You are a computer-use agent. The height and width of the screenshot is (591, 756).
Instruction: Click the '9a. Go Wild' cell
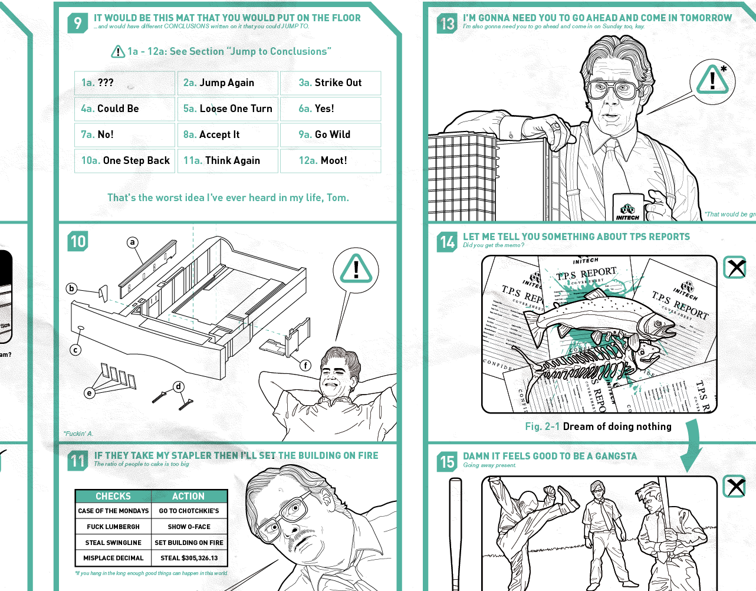[330, 135]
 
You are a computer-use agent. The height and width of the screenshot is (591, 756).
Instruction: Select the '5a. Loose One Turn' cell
[228, 109]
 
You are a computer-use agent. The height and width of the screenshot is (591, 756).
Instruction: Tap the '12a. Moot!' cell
[330, 161]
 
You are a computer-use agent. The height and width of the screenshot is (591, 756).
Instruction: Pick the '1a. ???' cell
[124, 83]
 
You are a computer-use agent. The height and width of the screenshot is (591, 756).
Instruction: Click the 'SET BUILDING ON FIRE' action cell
[189, 543]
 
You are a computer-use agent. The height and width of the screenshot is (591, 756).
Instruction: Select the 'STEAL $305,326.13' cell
[189, 558]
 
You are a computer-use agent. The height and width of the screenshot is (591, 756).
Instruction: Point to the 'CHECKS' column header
[113, 496]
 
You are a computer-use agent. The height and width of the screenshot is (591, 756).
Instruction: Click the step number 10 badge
[78, 241]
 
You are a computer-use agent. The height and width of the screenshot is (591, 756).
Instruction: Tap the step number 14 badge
[447, 242]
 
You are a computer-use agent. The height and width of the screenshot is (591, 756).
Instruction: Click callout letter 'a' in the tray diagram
[133, 242]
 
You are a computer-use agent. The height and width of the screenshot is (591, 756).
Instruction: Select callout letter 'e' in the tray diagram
[90, 393]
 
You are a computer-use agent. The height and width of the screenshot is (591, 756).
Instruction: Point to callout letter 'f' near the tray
[305, 365]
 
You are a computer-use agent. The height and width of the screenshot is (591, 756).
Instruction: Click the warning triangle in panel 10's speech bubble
[356, 269]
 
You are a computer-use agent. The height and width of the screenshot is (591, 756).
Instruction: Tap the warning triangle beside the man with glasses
[712, 81]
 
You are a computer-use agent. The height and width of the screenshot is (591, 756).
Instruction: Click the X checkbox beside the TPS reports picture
[735, 268]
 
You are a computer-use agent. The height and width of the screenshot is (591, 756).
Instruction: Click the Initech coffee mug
[628, 208]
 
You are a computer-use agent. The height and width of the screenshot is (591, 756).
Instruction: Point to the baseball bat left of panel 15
[455, 531]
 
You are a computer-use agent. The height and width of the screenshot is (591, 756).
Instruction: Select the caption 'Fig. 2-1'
[543, 426]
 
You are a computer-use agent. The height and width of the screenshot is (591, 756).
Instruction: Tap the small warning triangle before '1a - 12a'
[118, 52]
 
